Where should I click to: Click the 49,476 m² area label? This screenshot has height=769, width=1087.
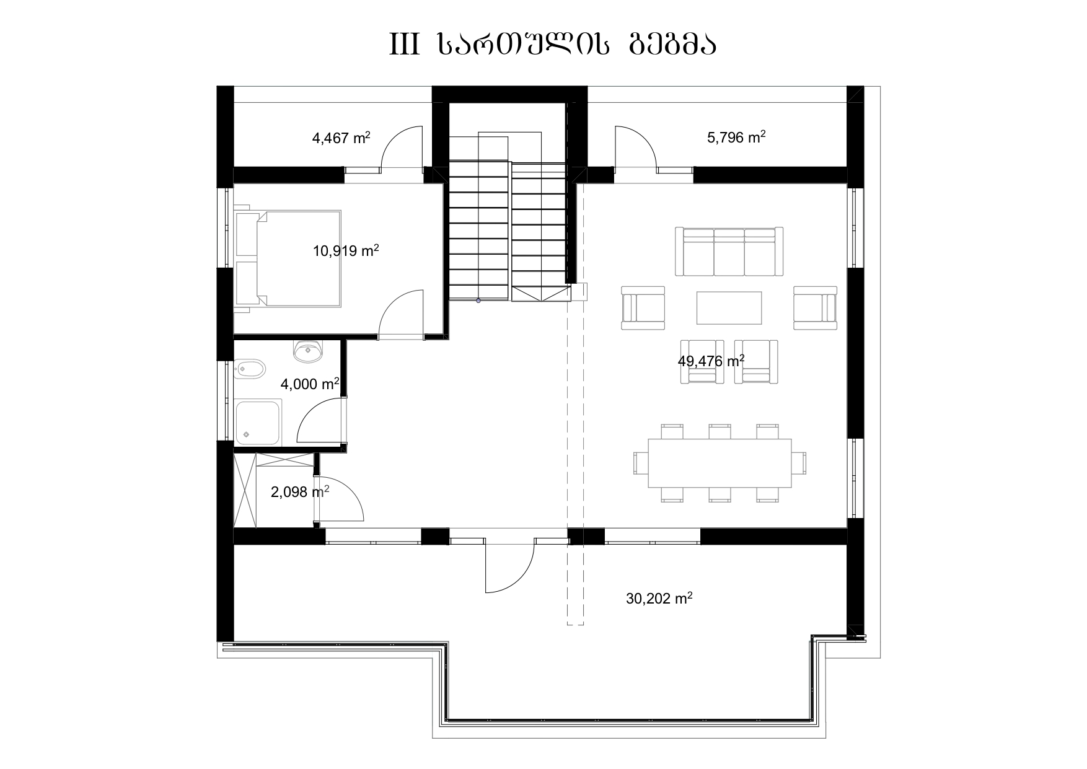(x=711, y=361)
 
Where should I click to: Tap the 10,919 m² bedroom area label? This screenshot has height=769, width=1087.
(x=346, y=251)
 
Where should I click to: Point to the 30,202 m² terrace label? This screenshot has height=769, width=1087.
(x=659, y=599)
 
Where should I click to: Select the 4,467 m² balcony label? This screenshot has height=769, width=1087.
(x=341, y=138)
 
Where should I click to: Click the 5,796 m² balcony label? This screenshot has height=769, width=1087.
(x=736, y=137)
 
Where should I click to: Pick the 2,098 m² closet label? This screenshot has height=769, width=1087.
(x=300, y=492)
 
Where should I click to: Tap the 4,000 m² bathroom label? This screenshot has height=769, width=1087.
(x=310, y=384)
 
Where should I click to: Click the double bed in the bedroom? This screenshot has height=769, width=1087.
(x=288, y=258)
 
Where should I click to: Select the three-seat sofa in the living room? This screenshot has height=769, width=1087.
(x=729, y=252)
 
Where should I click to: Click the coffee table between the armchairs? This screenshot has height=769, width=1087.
(x=729, y=307)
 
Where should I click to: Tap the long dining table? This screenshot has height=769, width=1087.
(x=720, y=463)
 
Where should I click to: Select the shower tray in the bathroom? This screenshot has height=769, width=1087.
(x=258, y=421)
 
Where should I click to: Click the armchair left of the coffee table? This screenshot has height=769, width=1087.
(x=643, y=308)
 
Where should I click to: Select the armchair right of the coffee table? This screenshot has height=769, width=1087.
(x=816, y=308)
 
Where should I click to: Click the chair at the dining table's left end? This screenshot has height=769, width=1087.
(x=641, y=463)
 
